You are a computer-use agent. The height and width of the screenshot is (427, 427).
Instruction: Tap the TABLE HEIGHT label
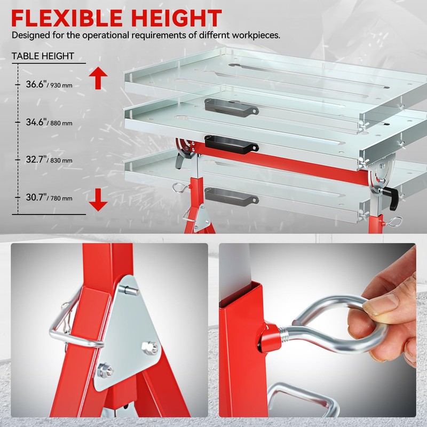(x=43, y=56)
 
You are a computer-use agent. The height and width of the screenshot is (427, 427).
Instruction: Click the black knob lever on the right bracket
(x=392, y=197)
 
